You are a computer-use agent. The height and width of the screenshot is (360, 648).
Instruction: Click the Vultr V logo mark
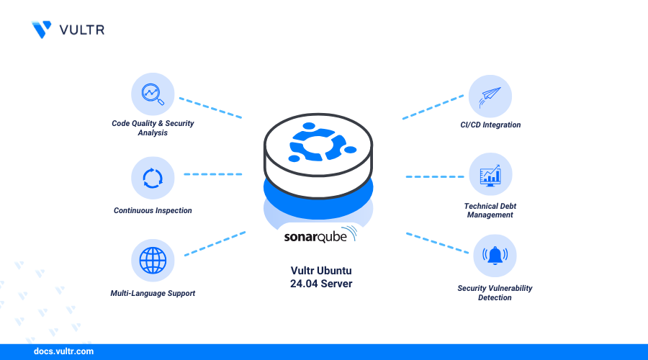point(42,30)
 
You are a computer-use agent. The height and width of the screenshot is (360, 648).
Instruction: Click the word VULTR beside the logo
point(82,30)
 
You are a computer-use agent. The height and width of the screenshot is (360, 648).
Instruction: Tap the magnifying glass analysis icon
point(153,94)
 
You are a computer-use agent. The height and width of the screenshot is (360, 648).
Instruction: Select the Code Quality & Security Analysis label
point(153,127)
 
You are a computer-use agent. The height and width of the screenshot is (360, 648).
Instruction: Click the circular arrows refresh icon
point(153,178)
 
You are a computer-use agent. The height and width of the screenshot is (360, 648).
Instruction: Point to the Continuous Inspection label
point(153,210)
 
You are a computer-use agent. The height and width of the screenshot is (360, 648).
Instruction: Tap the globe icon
point(153,261)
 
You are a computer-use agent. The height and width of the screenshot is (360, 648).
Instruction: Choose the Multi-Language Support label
point(153,293)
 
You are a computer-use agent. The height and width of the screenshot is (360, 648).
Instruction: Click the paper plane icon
point(490,97)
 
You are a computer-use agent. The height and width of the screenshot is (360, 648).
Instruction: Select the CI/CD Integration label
point(490,125)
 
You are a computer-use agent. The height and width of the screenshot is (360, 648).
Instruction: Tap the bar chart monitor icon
point(490,175)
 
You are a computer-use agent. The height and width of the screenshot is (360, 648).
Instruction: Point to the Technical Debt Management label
point(490,210)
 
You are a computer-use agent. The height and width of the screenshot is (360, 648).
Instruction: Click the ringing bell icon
point(495,256)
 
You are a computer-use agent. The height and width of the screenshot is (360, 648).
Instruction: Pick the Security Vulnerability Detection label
point(495,292)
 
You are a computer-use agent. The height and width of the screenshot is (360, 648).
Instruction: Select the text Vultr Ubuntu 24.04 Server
point(321,277)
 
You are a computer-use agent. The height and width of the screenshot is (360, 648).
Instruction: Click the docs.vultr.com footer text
point(63,351)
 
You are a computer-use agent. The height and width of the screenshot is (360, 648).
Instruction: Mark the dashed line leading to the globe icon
point(215,243)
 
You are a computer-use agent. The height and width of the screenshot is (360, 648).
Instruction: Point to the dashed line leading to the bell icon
point(437,243)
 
